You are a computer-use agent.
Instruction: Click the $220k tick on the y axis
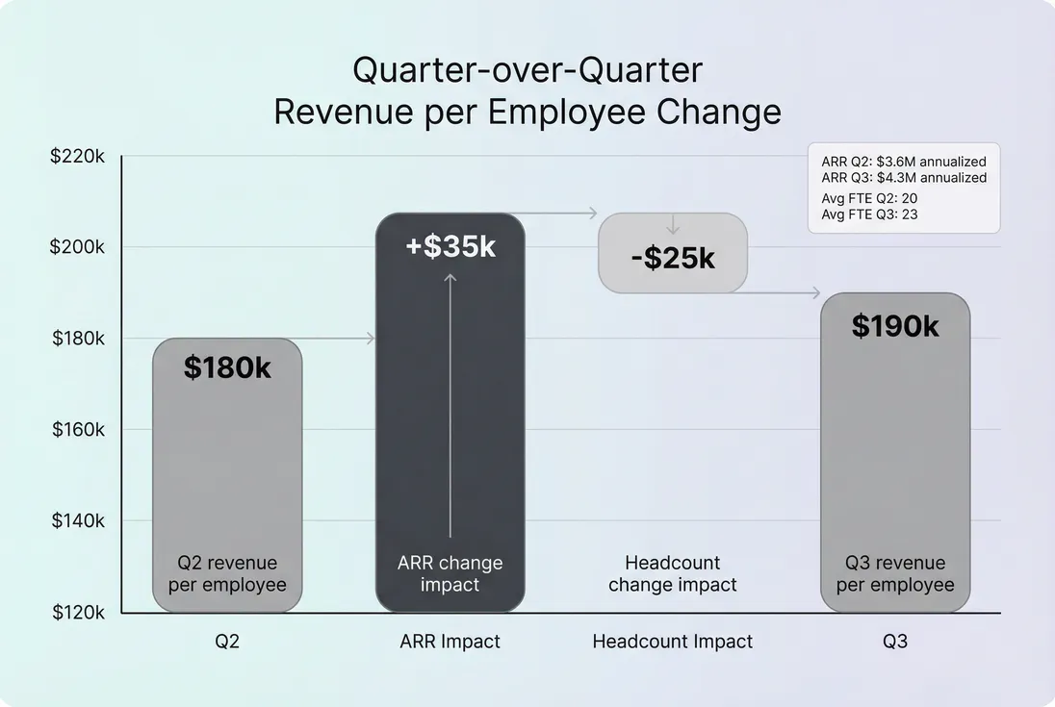77,156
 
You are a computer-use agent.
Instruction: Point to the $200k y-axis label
77,247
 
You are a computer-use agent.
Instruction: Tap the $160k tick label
78,429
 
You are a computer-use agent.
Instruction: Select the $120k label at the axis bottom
77,612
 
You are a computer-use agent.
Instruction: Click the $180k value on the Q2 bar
227,367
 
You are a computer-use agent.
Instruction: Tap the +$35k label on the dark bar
450,247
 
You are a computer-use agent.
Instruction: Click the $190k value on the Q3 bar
895,326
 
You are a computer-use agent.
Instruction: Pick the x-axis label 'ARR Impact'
450,642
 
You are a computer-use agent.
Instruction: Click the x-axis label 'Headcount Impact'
673,642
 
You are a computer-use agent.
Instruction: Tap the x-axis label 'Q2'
227,642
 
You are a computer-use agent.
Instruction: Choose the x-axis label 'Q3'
895,642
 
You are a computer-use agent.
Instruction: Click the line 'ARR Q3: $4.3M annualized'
904,178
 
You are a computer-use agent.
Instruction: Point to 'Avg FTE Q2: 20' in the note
869,198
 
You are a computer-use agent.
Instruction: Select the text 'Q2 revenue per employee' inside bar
227,573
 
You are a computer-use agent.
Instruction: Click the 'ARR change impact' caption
450,573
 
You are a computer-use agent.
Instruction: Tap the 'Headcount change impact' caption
673,573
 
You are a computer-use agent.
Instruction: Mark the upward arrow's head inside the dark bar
450,278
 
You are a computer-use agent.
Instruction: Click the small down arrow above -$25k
673,229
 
